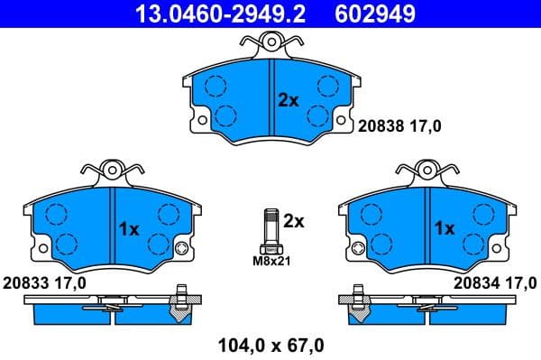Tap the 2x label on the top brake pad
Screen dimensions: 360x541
pos(288,101)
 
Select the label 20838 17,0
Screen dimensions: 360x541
pos(400,127)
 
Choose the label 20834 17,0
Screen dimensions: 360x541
pos(495,283)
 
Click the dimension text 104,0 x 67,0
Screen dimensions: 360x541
pos(270,344)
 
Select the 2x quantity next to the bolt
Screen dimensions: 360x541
pos(294,220)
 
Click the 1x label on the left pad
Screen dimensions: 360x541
pos(129,229)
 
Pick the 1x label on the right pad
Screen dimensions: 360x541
pos(445,229)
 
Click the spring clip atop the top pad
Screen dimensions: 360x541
pos(271,42)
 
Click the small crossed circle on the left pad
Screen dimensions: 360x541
pos(182,250)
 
